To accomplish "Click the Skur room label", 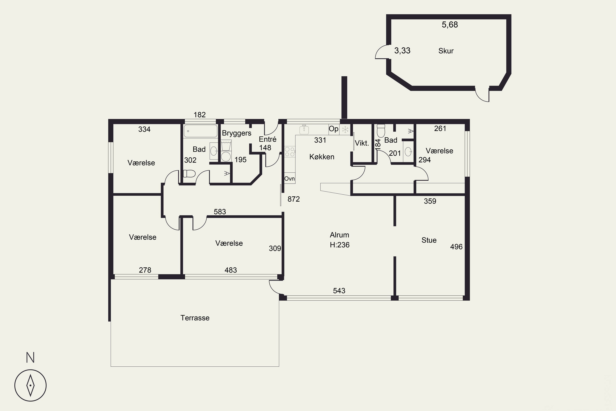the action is coord(446,51).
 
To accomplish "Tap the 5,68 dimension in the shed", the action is coord(450,25).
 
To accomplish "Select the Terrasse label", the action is coord(195,318).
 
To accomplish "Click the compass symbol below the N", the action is coord(30,385).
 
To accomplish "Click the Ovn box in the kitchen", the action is coord(290,179).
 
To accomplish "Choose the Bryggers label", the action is coord(237,133).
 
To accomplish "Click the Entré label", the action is coord(267,139).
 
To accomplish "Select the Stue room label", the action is coord(429,240).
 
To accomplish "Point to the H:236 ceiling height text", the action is coord(339,245).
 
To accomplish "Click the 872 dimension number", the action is coord(294,199).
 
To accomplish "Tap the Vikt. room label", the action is coord(362,143).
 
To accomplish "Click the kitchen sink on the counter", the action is coord(304,129).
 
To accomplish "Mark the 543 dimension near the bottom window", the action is coord(339,291).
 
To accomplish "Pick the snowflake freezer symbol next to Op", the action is coord(345,129).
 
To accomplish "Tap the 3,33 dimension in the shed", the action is coord(402,51).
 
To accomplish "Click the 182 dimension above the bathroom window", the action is coord(200,115).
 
